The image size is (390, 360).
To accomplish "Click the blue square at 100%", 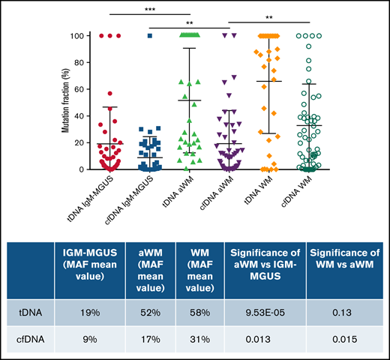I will (150, 36).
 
